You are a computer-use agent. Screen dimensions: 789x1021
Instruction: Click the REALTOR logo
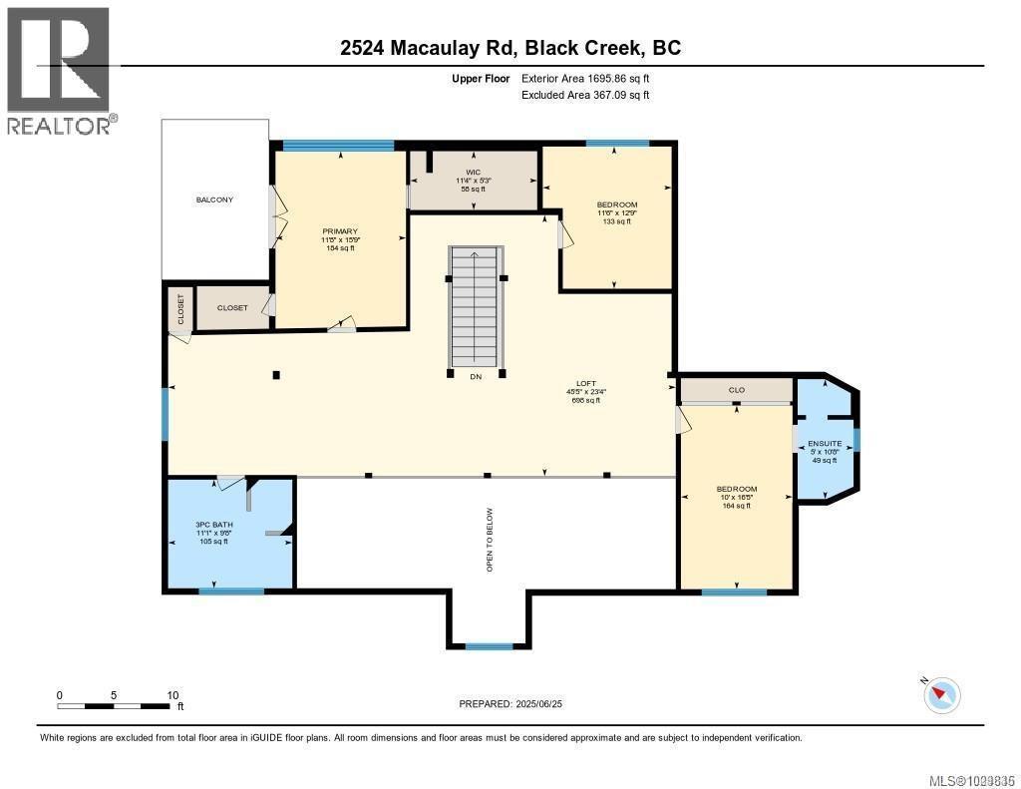(60, 70)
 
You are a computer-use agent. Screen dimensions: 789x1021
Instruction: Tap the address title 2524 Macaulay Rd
(510, 48)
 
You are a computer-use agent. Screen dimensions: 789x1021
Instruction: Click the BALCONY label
(214, 199)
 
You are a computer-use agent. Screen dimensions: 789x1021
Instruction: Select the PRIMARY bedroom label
(339, 231)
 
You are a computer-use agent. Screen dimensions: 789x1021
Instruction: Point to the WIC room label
(474, 172)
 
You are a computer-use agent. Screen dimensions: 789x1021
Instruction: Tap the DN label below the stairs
(475, 376)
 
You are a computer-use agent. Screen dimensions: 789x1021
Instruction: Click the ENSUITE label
(825, 443)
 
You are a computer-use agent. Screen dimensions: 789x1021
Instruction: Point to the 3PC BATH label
(213, 524)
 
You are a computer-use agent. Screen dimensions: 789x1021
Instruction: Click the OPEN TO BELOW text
(490, 540)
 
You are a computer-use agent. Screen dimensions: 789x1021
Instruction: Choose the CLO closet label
(736, 390)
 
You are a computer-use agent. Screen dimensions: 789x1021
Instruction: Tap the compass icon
(942, 694)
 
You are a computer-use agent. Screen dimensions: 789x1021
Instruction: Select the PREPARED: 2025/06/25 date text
(517, 704)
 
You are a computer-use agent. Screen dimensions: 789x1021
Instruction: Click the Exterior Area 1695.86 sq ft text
(585, 78)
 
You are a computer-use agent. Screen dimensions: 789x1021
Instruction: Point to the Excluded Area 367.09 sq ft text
(585, 96)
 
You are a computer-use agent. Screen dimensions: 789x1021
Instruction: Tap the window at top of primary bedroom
(338, 146)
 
